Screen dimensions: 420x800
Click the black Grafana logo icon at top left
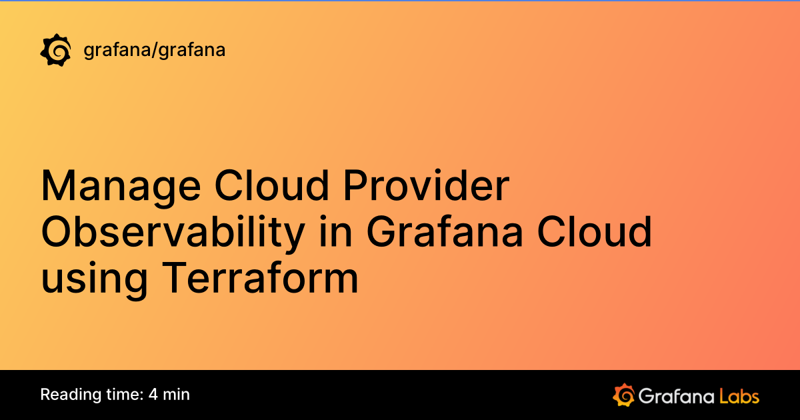tap(56, 50)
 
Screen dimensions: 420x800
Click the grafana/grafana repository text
tap(155, 50)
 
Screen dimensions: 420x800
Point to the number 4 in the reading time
tap(153, 395)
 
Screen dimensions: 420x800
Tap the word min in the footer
tap(177, 395)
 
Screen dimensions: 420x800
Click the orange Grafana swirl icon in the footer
tap(623, 395)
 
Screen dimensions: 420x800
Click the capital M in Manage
tap(57, 187)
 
